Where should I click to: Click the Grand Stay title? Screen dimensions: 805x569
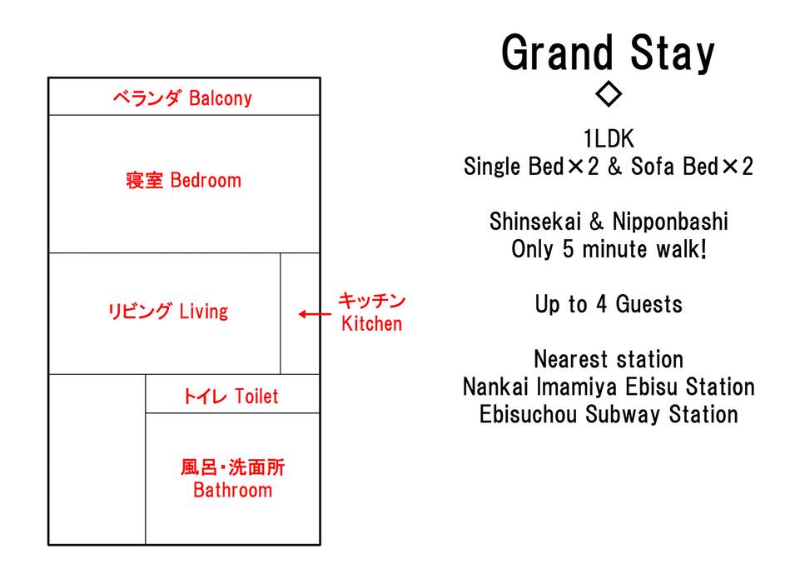(609, 53)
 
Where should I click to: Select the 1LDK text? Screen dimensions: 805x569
(609, 139)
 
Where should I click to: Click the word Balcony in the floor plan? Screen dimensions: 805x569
(221, 97)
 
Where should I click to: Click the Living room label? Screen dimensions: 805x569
(168, 312)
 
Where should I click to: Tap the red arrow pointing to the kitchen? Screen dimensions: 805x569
(315, 313)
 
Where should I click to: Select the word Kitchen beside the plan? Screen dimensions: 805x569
(371, 324)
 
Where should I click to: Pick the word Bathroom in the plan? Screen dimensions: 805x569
(232, 490)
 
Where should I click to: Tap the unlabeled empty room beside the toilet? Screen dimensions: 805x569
(97, 460)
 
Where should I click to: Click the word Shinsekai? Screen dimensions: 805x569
(535, 222)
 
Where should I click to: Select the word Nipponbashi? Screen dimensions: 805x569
(670, 222)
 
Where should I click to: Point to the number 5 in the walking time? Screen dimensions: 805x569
(568, 249)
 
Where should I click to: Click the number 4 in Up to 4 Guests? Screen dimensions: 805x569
(602, 304)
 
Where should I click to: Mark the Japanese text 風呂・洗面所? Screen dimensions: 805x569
(232, 467)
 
